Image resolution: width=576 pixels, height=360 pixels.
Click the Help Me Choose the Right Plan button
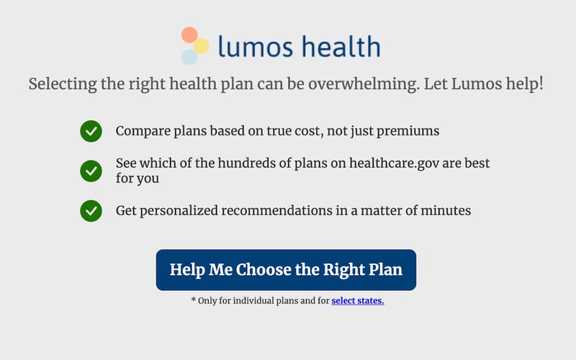click(x=286, y=270)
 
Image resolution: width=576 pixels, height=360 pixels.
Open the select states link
click(x=358, y=301)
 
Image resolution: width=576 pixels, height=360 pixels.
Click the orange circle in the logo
click(x=189, y=35)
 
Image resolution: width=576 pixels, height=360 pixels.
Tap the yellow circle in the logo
click(x=202, y=46)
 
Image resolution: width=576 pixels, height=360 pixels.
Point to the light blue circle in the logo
click(x=189, y=57)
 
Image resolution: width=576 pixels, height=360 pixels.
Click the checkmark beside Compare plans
click(x=91, y=132)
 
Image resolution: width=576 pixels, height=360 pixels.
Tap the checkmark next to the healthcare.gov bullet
click(x=91, y=171)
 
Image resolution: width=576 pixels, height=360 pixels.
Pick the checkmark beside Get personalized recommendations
click(x=91, y=211)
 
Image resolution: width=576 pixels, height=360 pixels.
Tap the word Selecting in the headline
click(x=60, y=84)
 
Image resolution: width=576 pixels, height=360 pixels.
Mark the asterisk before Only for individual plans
click(x=194, y=300)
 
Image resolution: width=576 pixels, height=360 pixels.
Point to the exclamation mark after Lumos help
click(x=540, y=84)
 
